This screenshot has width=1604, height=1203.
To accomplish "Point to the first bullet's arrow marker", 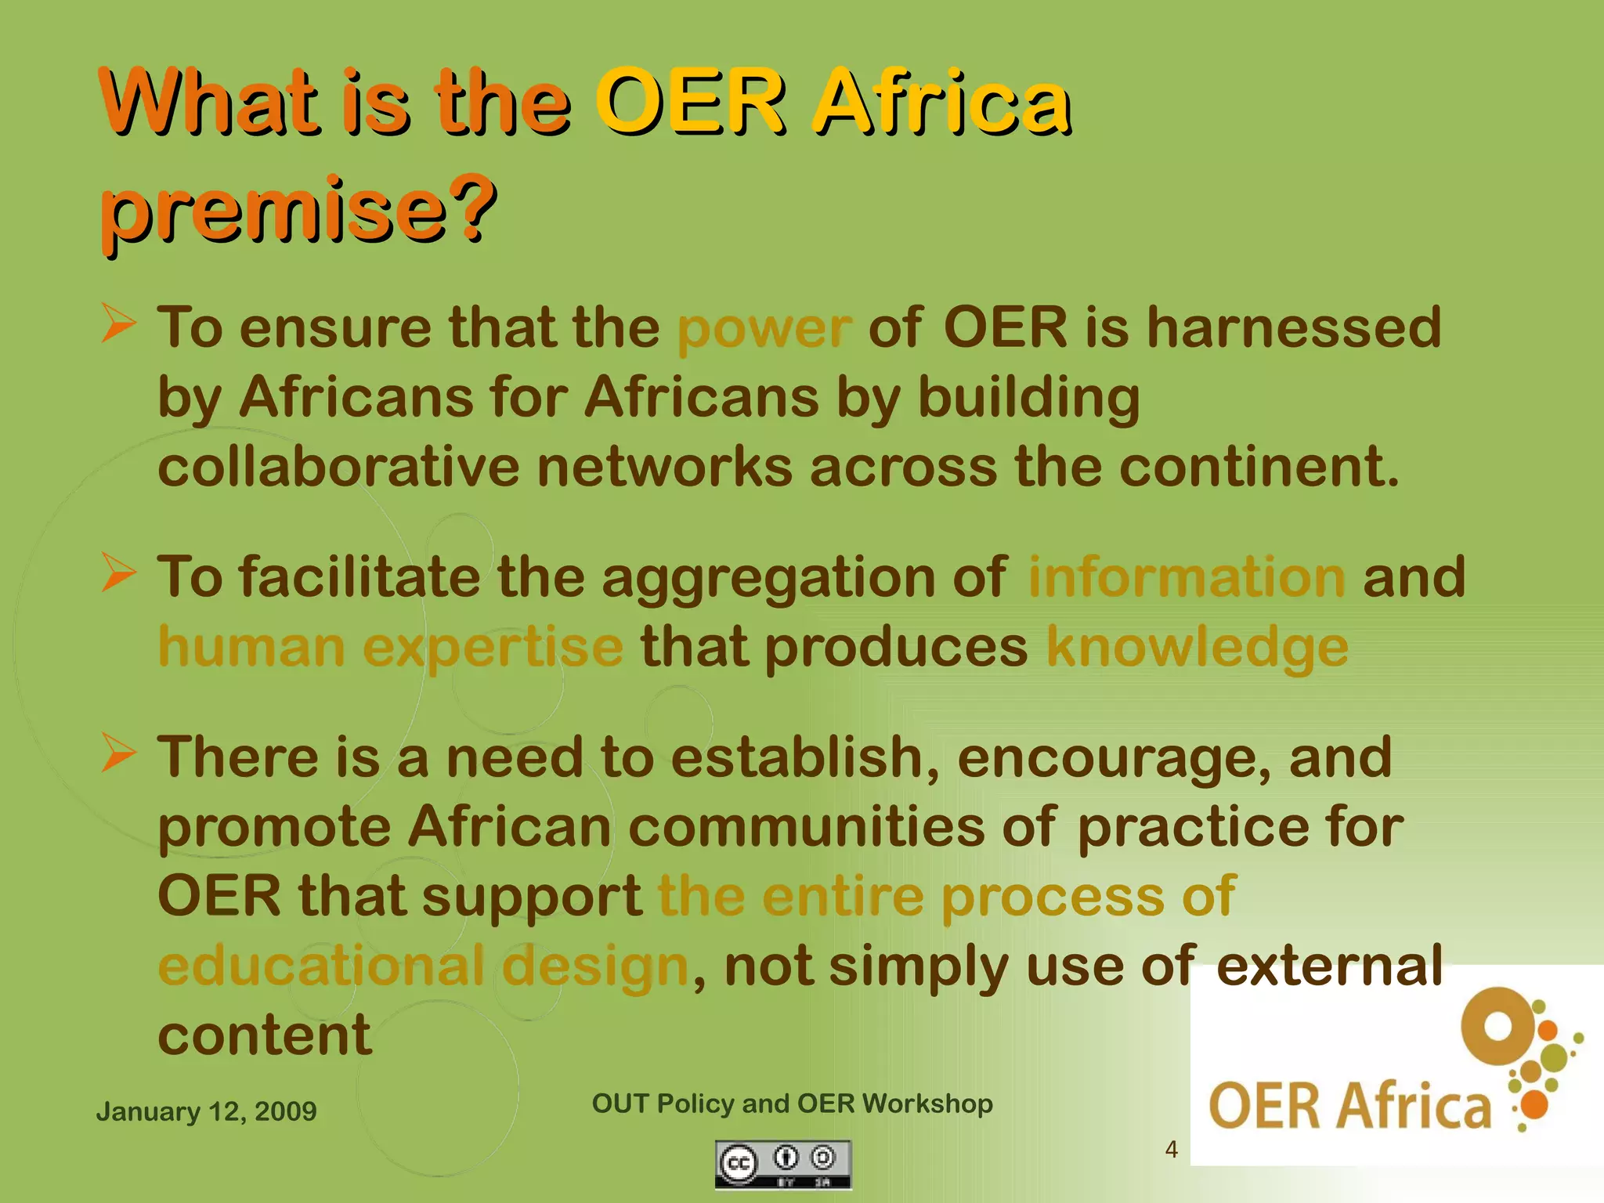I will (119, 324).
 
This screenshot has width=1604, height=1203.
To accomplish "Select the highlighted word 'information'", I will (1186, 576).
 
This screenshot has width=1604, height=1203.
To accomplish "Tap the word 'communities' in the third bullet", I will (806, 827).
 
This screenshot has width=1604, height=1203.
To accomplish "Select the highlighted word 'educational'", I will (320, 966).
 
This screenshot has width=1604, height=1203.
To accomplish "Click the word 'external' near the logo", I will (1328, 966).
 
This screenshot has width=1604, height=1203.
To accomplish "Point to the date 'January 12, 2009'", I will (206, 1111).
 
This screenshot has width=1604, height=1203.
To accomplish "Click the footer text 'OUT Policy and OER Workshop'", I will (792, 1104).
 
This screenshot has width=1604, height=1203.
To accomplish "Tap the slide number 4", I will (1171, 1149).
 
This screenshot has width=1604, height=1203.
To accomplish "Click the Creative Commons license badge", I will (782, 1165).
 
